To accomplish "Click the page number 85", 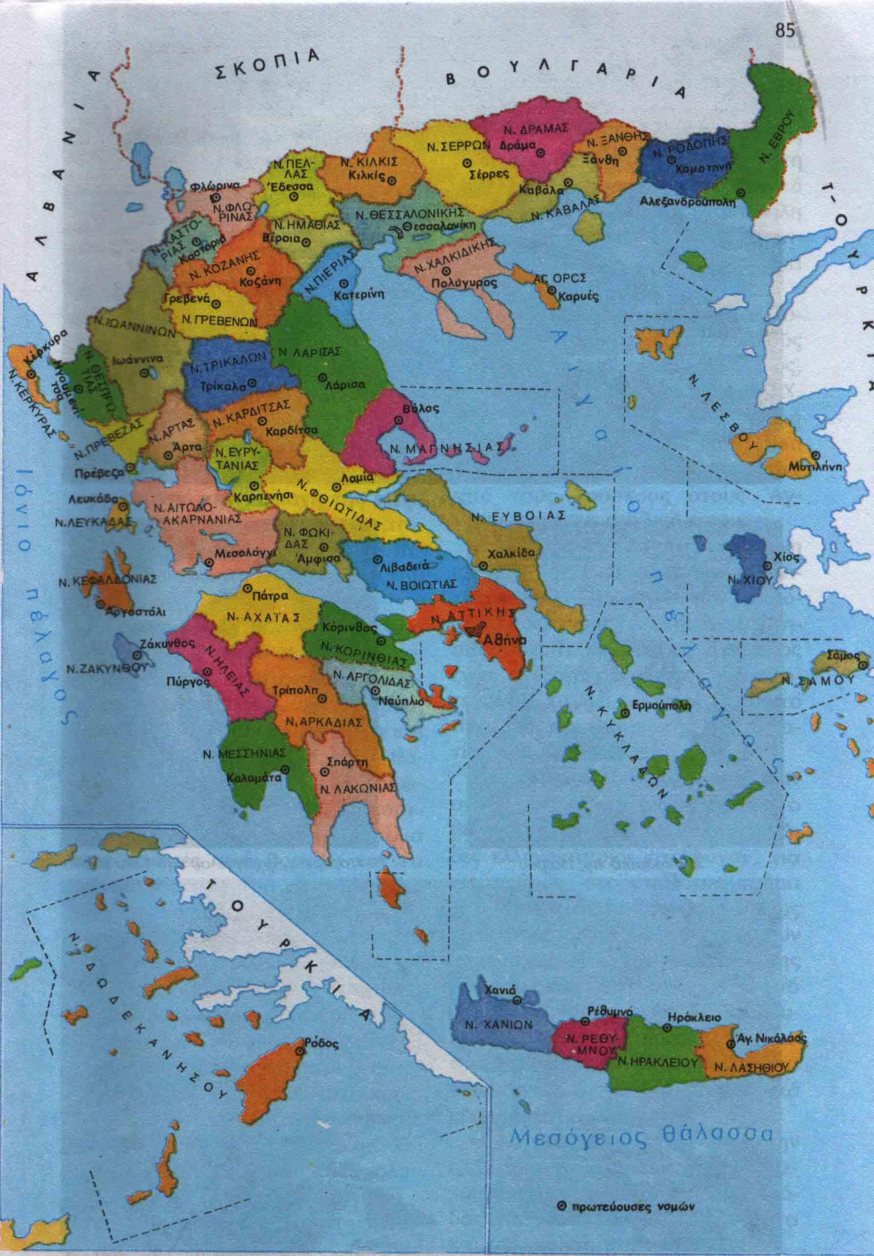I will point(784,31).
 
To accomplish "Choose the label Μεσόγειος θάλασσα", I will point(641,1134).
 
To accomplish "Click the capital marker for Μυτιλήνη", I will point(815,455).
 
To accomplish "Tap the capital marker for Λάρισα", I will point(322,377).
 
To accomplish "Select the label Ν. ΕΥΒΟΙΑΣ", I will point(518,515).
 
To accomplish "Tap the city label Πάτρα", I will point(271,595).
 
